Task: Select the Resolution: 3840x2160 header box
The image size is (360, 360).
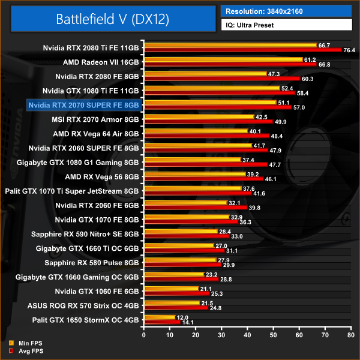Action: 286,11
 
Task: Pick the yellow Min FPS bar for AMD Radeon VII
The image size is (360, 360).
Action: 223,59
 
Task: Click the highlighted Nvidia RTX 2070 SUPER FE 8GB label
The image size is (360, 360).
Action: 83,104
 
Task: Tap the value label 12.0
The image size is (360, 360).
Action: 183,317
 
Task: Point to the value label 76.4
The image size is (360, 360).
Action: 350,50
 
